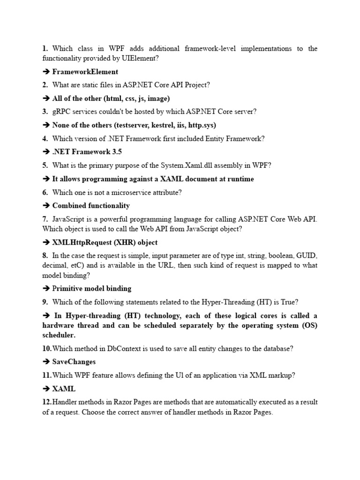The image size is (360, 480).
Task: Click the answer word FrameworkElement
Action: pyautogui.click(x=85, y=72)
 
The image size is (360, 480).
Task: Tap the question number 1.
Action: pyautogui.click(x=45, y=48)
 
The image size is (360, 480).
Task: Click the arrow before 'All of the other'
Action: pyautogui.click(x=46, y=98)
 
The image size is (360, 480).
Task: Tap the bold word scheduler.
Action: pyautogui.click(x=59, y=335)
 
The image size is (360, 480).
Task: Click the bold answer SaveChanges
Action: pyautogui.click(x=74, y=362)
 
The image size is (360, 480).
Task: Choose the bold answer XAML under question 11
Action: pyautogui.click(x=64, y=389)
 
